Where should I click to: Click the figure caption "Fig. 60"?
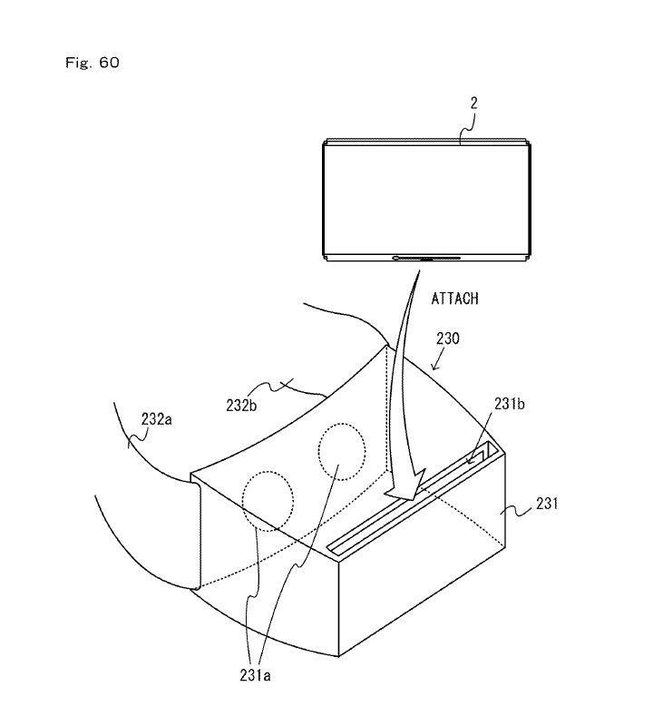pyautogui.click(x=93, y=63)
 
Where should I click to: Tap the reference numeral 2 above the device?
pyautogui.click(x=473, y=103)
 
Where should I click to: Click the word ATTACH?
pyautogui.click(x=455, y=299)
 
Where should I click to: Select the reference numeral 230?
pyautogui.click(x=448, y=338)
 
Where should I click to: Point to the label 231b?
pyautogui.click(x=510, y=404)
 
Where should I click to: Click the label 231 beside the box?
pyautogui.click(x=547, y=504)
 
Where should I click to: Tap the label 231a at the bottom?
pyautogui.click(x=255, y=675)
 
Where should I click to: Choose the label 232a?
pyautogui.click(x=156, y=419)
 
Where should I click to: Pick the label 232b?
pyautogui.click(x=241, y=406)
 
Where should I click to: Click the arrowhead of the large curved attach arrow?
pyautogui.click(x=407, y=487)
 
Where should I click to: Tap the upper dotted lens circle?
pyautogui.click(x=342, y=451)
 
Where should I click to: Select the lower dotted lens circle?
pyautogui.click(x=268, y=501)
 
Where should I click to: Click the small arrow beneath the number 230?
pyautogui.click(x=438, y=359)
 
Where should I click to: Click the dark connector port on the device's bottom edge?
pyautogui.click(x=426, y=258)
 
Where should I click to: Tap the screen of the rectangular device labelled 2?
pyautogui.click(x=426, y=200)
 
